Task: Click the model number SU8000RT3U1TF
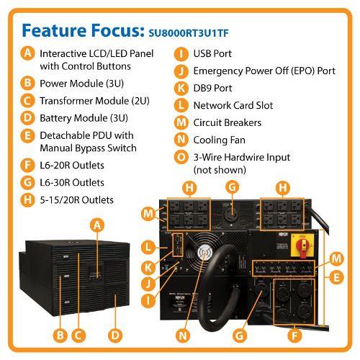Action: (189, 33)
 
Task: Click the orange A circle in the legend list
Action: (27, 53)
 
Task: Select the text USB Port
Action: (212, 54)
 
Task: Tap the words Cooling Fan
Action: (220, 140)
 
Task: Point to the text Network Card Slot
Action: (233, 106)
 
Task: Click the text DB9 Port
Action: (212, 89)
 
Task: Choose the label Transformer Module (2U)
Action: (94, 101)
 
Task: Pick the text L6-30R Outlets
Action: (72, 183)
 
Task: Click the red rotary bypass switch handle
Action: (303, 247)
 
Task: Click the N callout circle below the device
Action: (183, 336)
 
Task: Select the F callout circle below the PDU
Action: (294, 336)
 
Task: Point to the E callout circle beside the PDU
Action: (336, 277)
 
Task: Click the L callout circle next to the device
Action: (148, 247)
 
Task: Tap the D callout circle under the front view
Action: (115, 336)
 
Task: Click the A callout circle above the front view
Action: (97, 225)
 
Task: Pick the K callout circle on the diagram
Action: (148, 267)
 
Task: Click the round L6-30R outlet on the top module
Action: (232, 213)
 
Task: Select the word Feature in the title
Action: (54, 31)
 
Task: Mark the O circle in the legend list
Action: (181, 157)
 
